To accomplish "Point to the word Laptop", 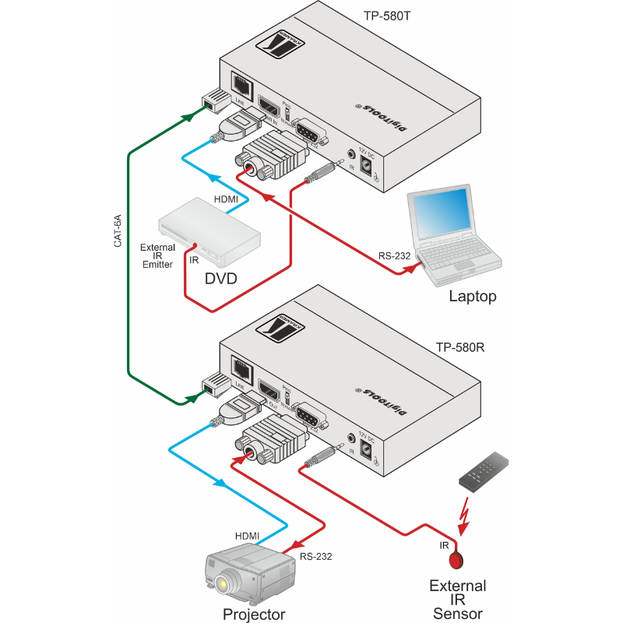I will click(472, 296).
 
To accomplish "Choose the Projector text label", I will click(254, 614).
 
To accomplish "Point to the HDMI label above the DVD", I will click(227, 199).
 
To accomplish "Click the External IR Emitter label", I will click(157, 256).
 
